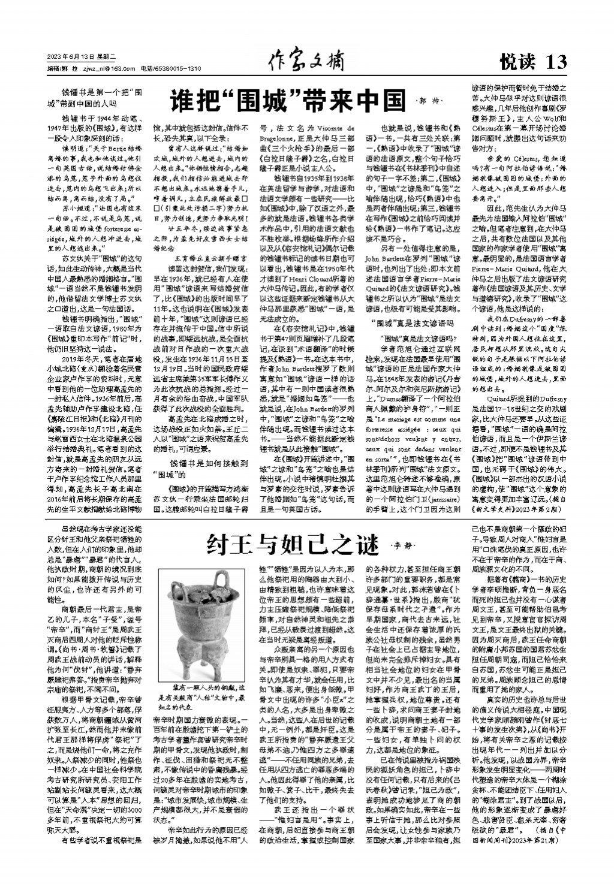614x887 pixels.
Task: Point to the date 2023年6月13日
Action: (71, 57)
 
